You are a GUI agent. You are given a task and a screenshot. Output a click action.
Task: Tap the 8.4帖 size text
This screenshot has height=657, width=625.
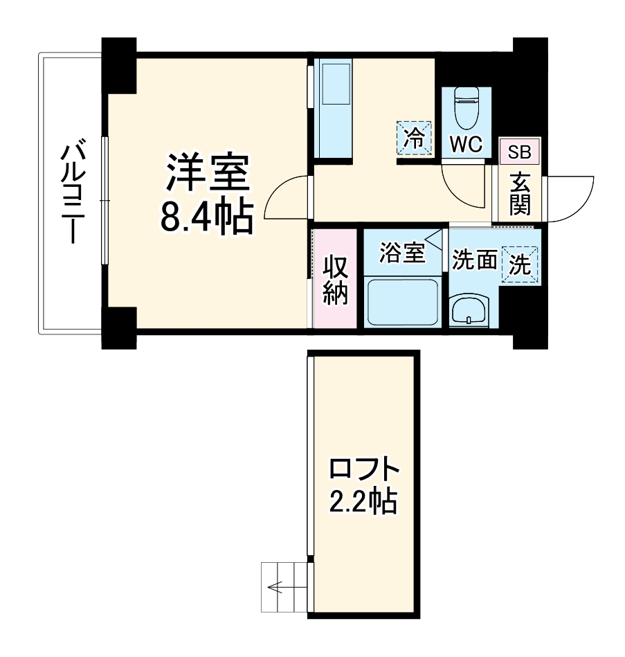(206, 216)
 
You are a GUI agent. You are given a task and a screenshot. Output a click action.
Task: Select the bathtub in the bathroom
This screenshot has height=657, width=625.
(403, 302)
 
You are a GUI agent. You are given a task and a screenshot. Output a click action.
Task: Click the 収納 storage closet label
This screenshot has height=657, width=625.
(336, 280)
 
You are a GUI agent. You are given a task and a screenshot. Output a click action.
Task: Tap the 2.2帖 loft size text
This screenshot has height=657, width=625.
(362, 501)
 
